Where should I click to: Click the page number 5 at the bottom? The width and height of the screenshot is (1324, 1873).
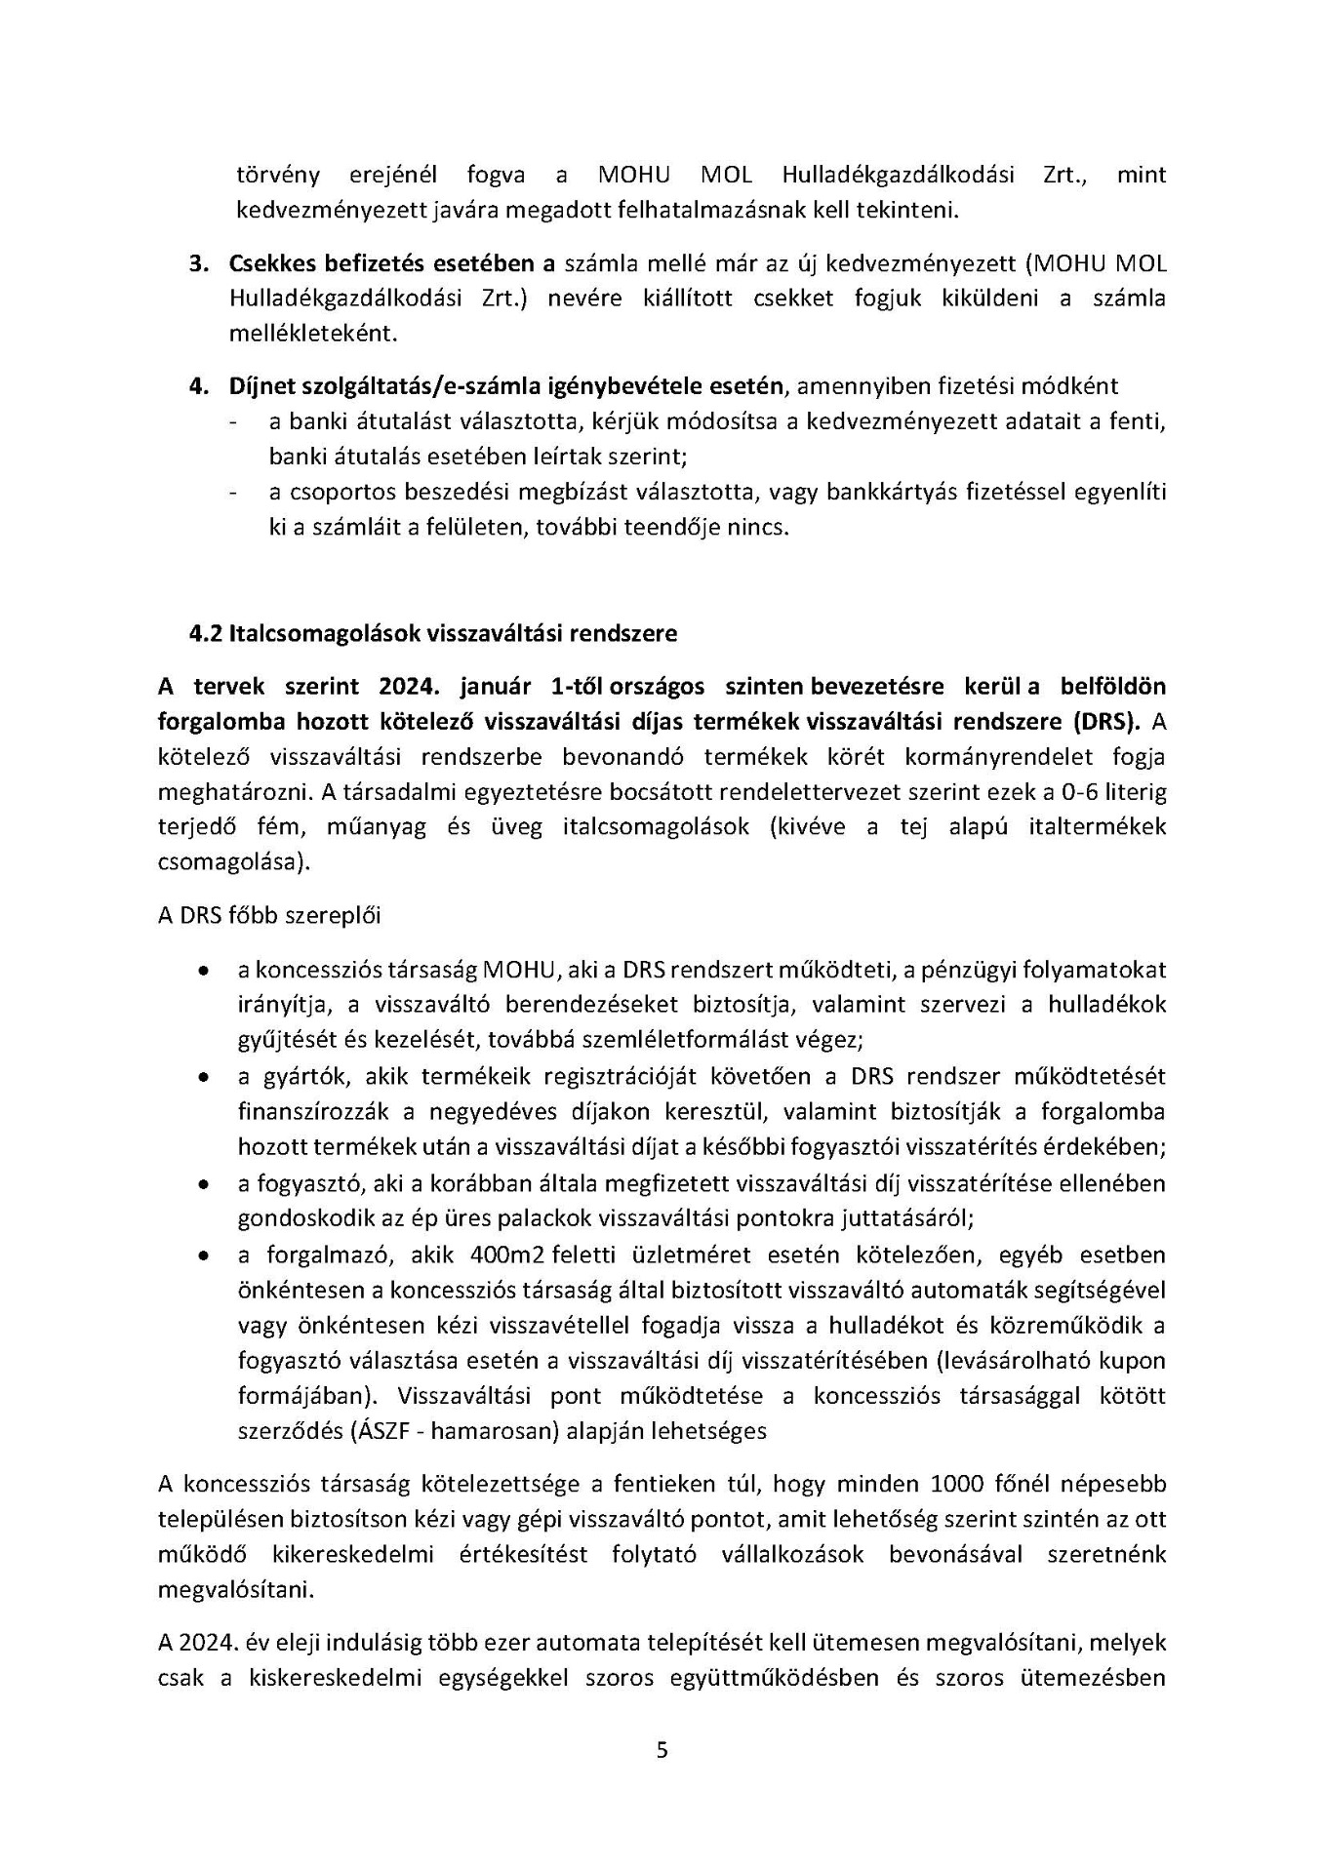[662, 1750]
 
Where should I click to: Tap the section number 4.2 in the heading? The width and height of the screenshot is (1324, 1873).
[206, 633]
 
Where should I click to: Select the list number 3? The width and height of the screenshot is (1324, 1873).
[199, 263]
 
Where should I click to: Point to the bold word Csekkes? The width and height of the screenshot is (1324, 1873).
[272, 263]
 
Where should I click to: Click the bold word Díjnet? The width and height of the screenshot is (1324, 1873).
[260, 385]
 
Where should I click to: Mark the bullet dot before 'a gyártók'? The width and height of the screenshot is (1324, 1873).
[202, 1078]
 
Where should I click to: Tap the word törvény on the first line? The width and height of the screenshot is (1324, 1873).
[278, 176]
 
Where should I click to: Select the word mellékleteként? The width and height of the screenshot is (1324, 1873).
[313, 334]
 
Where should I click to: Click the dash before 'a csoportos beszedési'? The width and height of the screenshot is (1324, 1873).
[233, 494]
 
